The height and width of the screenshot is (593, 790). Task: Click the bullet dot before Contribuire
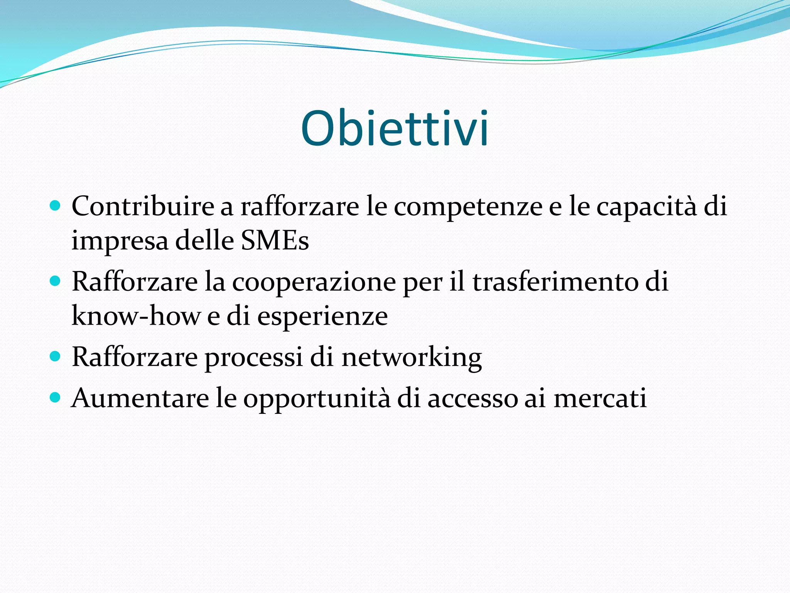(x=56, y=205)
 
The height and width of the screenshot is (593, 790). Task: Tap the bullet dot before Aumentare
(x=56, y=396)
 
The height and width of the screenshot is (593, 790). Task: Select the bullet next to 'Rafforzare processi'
(x=56, y=356)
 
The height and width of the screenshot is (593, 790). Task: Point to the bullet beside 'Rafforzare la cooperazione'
(x=56, y=280)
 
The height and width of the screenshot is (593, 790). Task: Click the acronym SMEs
(x=275, y=241)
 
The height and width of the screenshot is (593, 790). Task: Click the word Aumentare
(x=140, y=398)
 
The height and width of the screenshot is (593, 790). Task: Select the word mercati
(x=600, y=398)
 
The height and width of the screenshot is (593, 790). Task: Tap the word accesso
(x=473, y=399)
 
